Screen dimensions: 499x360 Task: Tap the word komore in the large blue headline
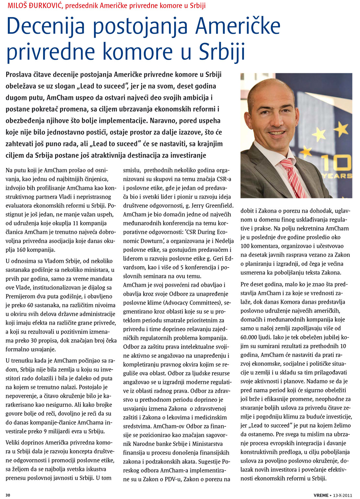click(139, 52)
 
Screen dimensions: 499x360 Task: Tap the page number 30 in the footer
click(8, 495)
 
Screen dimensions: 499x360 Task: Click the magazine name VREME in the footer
click(321, 495)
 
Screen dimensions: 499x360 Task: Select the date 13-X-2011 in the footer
click(343, 495)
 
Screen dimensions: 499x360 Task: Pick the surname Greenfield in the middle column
click(217, 206)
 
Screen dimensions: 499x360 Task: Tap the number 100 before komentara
click(246, 246)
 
